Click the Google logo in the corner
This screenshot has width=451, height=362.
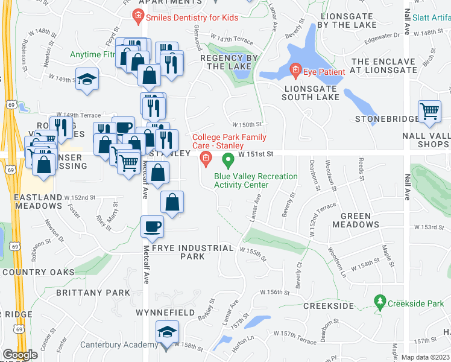pyautogui.click(x=20, y=355)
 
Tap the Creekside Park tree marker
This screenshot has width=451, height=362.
pyautogui.click(x=380, y=300)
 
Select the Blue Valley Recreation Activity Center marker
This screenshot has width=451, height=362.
pyautogui.click(x=228, y=160)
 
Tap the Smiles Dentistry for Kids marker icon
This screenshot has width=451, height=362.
pyautogui.click(x=138, y=16)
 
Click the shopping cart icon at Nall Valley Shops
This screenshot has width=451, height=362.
pyautogui.click(x=429, y=112)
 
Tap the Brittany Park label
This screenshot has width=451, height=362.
pyautogui.click(x=93, y=293)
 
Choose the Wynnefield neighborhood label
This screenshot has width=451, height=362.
pyautogui.click(x=165, y=313)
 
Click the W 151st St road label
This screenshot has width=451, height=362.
pyautogui.click(x=256, y=154)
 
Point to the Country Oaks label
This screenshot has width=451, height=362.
pyautogui.click(x=39, y=272)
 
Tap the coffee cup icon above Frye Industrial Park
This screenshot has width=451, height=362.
pyautogui.click(x=151, y=227)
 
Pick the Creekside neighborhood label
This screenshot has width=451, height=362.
pyautogui.click(x=328, y=306)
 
